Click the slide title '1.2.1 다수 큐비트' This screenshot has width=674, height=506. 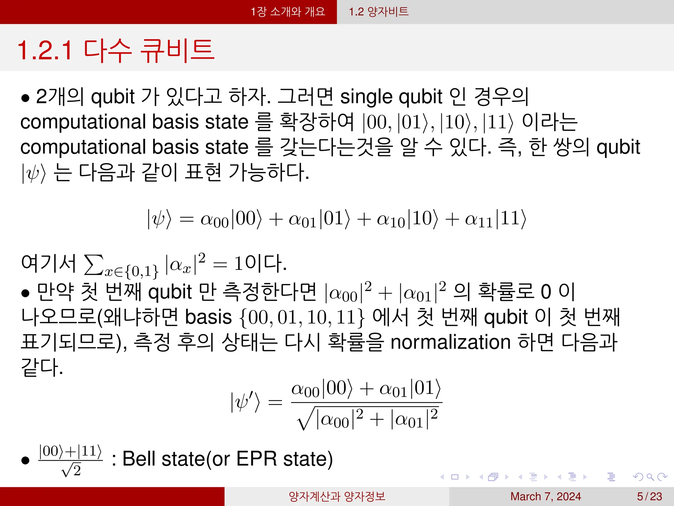point(116,50)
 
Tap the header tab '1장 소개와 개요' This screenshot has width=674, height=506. point(288,12)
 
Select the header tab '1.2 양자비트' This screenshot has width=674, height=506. point(378,12)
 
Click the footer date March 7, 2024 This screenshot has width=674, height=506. point(545,496)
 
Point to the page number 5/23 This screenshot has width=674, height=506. point(649,496)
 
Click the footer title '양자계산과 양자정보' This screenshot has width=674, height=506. point(337,496)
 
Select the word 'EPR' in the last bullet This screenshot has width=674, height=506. point(256,459)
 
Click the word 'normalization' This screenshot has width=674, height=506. point(450,342)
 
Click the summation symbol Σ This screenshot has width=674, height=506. point(93,264)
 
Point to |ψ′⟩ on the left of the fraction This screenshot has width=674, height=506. point(245,402)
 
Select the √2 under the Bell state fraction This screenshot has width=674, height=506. point(71,470)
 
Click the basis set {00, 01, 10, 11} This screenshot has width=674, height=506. point(302,318)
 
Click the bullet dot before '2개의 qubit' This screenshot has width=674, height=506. point(25,98)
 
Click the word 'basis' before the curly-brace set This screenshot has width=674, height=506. point(208,318)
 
